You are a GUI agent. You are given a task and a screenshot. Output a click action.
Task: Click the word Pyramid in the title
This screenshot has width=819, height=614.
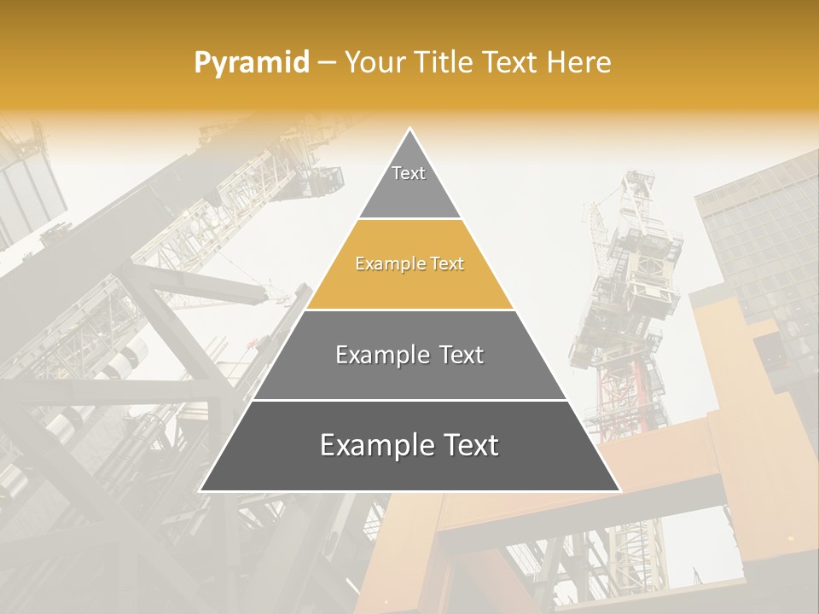click(251, 63)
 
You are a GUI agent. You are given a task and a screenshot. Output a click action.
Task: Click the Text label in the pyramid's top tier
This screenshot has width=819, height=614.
click(409, 173)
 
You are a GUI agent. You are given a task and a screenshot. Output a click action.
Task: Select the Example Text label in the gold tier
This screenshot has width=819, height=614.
click(409, 264)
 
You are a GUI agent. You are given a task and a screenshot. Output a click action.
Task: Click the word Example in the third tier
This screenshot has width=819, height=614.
click(378, 356)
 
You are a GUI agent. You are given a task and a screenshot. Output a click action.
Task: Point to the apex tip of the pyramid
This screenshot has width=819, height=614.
click(410, 130)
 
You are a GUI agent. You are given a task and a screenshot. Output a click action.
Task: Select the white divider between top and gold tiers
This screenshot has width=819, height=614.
click(409, 219)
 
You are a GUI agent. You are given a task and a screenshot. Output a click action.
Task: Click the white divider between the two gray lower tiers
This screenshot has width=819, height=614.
click(409, 400)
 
